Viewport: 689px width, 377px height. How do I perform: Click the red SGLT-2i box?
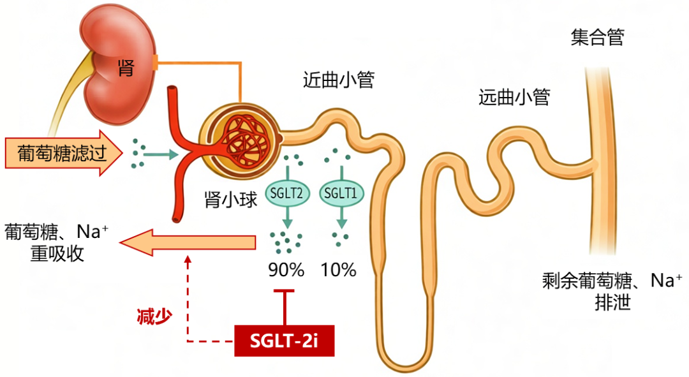click(x=285, y=341)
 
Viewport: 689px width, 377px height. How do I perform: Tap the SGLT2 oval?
click(x=287, y=193)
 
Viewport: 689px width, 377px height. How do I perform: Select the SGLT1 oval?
click(x=341, y=193)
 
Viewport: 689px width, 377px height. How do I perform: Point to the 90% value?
click(x=286, y=270)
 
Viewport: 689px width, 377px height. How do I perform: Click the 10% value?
click(x=338, y=270)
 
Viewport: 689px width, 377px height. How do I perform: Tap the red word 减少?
click(x=154, y=316)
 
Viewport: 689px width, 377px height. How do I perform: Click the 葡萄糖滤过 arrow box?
click(x=64, y=153)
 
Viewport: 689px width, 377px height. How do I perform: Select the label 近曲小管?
click(x=338, y=80)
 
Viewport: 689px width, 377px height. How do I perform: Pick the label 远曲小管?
click(x=514, y=97)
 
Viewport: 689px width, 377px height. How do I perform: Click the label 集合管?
click(x=598, y=38)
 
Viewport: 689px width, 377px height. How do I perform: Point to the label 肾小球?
click(x=231, y=200)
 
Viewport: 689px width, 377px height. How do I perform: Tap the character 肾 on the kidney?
click(x=126, y=68)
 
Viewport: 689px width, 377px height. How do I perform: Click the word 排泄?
click(x=613, y=302)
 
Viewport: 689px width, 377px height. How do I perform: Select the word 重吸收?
click(x=57, y=253)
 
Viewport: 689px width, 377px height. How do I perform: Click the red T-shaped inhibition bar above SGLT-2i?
click(x=285, y=307)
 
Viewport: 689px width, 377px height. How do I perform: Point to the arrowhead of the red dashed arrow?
click(x=188, y=260)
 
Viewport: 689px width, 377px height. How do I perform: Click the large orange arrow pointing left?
click(x=188, y=242)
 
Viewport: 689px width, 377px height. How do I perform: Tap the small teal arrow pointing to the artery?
click(x=161, y=154)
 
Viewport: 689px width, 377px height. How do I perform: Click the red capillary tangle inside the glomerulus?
click(x=247, y=140)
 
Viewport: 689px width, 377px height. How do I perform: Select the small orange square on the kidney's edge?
click(x=154, y=63)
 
